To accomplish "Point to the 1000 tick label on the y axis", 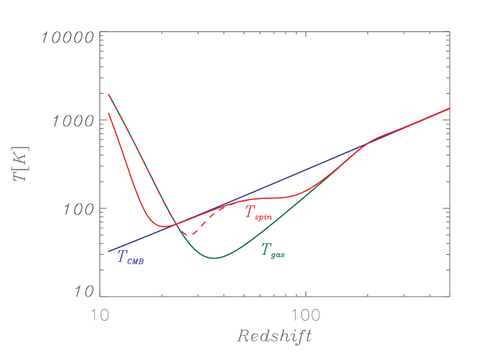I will coord(72,121).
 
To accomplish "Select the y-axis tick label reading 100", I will coord(77,210).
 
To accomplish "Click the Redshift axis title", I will coord(274,336).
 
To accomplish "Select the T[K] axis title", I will coord(22,164).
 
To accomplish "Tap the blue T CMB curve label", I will coord(130,257).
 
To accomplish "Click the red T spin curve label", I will coord(258,213).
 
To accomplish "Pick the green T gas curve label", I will coord(272,251).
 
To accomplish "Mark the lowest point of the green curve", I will coord(214,258).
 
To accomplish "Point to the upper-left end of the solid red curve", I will coord(108,114).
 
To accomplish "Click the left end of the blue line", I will coord(108,251).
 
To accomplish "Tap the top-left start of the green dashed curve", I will coord(108,94).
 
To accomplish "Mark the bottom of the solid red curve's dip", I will coord(165,226).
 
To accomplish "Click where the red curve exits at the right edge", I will coord(449,108).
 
